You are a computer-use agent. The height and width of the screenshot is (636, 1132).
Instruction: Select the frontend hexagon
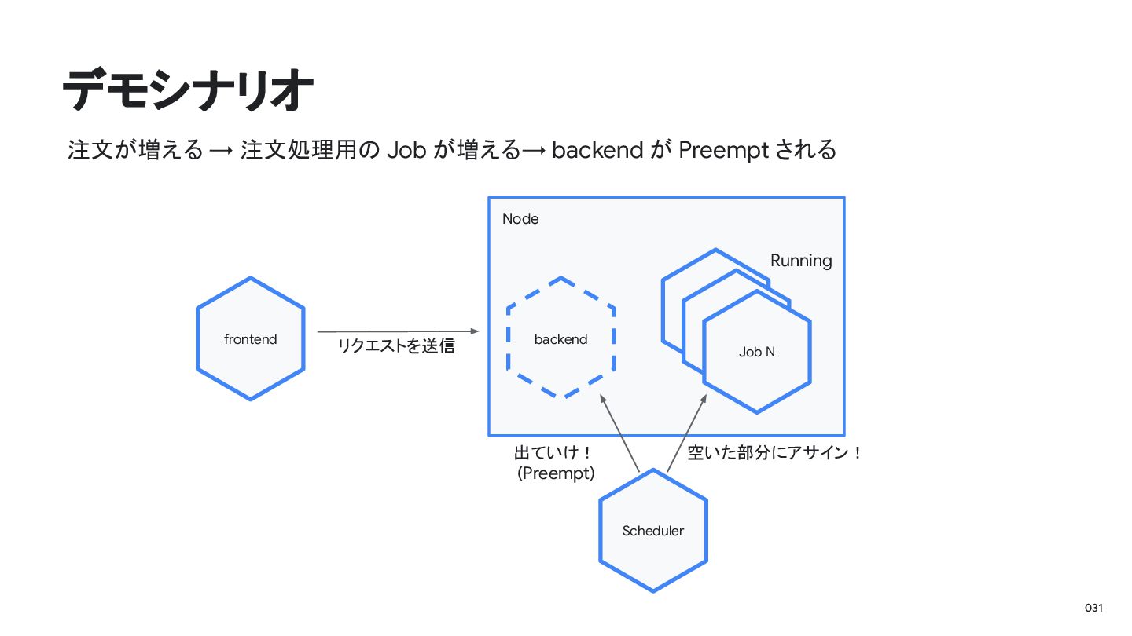click(250, 339)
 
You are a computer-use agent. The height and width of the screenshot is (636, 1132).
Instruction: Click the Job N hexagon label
click(756, 353)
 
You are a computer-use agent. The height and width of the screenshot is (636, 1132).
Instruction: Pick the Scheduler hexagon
click(652, 531)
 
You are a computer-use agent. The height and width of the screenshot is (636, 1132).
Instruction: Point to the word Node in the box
click(520, 219)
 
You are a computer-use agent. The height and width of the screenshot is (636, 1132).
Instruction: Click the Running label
click(800, 261)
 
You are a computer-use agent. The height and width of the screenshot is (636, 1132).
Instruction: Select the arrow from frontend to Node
click(397, 331)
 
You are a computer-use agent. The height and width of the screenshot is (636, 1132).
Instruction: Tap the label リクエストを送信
click(396, 346)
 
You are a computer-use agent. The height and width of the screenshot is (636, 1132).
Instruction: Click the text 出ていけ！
click(552, 453)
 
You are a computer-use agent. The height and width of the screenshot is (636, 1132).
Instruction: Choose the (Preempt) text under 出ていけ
click(556, 473)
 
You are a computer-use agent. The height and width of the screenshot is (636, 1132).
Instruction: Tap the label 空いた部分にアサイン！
click(774, 453)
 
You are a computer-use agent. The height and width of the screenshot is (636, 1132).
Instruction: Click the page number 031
click(1093, 609)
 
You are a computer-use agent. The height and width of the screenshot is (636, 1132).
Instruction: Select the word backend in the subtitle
click(597, 149)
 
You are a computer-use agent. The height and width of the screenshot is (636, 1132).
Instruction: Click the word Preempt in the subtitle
click(723, 150)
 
